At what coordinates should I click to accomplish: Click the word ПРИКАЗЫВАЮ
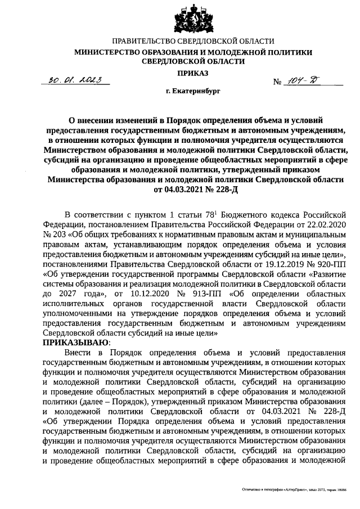[76, 342]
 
